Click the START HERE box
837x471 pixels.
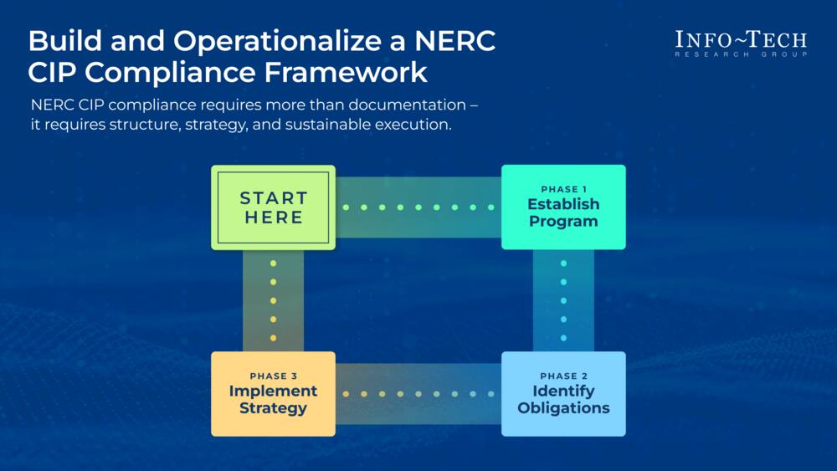click(x=273, y=207)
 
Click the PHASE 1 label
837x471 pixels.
click(x=562, y=189)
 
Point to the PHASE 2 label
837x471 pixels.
click(x=562, y=376)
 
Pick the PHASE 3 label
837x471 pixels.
click(x=273, y=376)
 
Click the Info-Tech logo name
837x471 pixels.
click(x=741, y=39)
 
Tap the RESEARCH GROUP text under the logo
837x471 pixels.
click(x=741, y=54)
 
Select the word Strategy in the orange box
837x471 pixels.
click(x=273, y=408)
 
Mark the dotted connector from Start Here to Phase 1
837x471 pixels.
click(x=418, y=207)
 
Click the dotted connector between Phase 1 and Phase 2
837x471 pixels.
click(x=563, y=300)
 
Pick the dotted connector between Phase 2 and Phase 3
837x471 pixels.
click(x=418, y=394)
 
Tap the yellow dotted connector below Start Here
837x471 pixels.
click(x=273, y=300)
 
